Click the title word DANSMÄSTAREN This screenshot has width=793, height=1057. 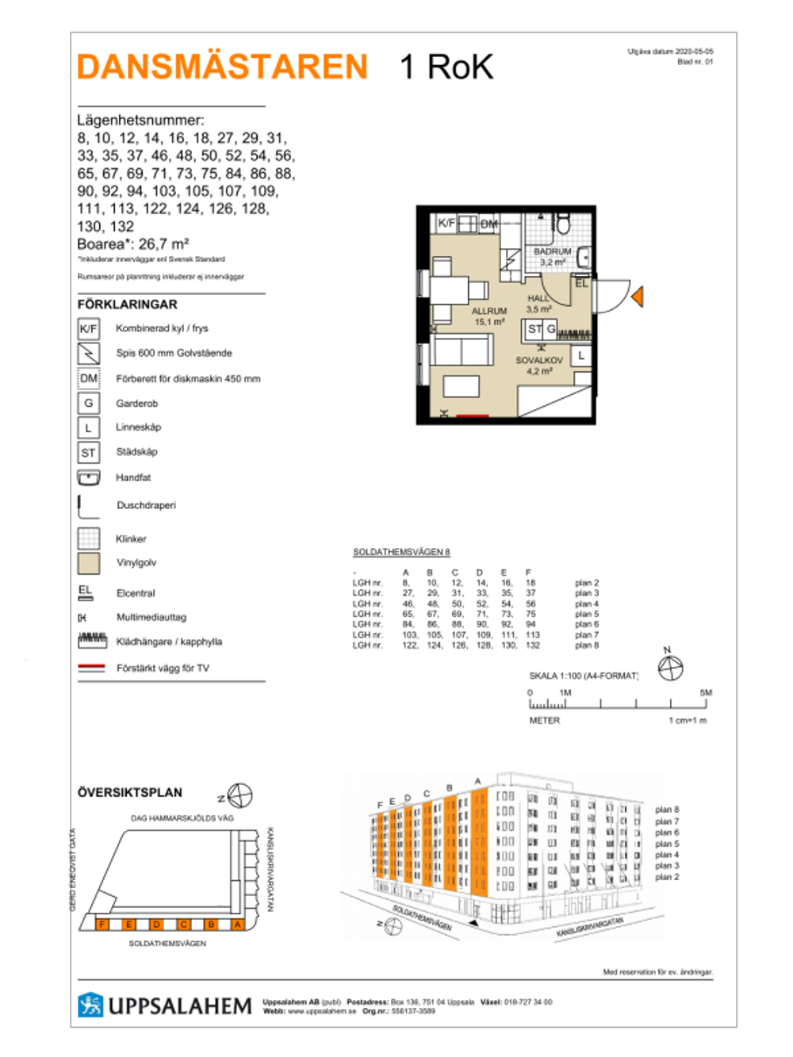(x=223, y=67)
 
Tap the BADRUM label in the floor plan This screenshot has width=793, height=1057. (x=552, y=251)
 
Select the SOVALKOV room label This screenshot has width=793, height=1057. (x=539, y=360)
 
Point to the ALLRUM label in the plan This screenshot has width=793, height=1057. (x=489, y=312)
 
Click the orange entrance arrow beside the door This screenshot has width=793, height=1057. (x=638, y=297)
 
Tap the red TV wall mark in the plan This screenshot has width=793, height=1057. (x=473, y=416)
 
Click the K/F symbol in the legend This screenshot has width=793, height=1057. (x=88, y=328)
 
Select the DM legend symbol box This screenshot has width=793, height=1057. (x=88, y=378)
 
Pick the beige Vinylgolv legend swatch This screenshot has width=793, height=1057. (x=88, y=563)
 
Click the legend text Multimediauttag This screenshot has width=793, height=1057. (x=151, y=617)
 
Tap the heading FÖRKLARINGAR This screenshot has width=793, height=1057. (x=128, y=304)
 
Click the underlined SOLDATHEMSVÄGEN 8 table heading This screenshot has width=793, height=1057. (x=401, y=552)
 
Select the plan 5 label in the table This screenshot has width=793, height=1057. (x=587, y=614)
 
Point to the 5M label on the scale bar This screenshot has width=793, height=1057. (x=705, y=692)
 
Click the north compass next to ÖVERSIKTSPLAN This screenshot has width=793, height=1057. (x=239, y=795)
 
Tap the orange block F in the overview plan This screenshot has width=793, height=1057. (x=102, y=925)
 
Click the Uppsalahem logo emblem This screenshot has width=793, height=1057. (x=90, y=1005)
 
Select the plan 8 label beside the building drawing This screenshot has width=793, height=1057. (x=667, y=810)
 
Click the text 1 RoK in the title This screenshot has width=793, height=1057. (x=446, y=67)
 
